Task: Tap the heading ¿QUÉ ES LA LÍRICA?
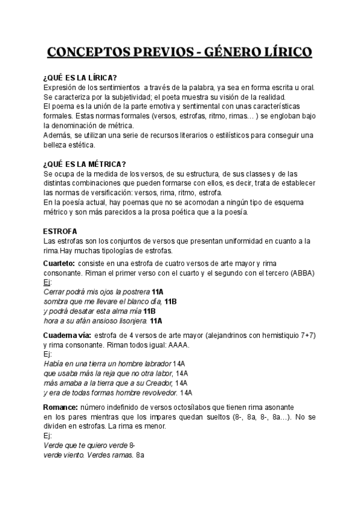(x=80, y=77)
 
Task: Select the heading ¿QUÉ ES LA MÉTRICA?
(x=85, y=164)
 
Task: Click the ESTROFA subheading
(x=60, y=231)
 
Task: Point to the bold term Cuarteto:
(x=59, y=264)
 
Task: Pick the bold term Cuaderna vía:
(x=67, y=336)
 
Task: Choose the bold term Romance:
(x=61, y=407)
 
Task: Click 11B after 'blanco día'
(x=170, y=302)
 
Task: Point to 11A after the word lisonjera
(x=156, y=321)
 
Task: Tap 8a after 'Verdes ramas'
(x=140, y=456)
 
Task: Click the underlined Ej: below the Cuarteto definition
(x=48, y=283)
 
